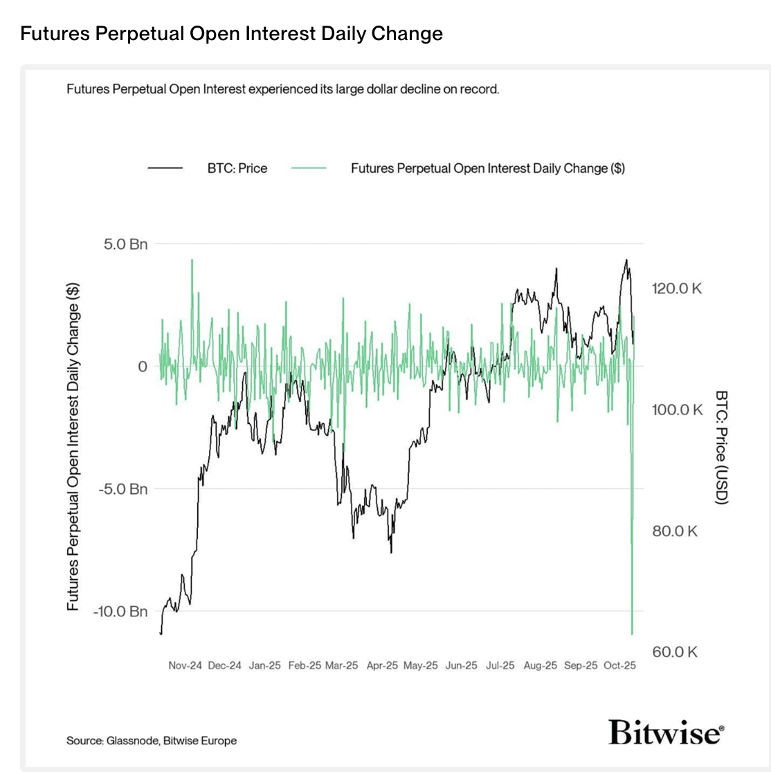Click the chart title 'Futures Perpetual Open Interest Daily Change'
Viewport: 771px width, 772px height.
tap(231, 33)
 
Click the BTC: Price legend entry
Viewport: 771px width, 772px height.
tap(237, 168)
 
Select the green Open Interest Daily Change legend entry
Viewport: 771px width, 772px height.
tap(487, 168)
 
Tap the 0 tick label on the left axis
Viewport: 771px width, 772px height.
tap(143, 367)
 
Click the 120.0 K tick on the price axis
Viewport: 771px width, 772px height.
tap(676, 288)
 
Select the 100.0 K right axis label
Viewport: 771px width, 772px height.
tap(676, 410)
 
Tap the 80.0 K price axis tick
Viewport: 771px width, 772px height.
tap(674, 531)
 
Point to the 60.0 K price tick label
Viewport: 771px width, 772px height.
tap(674, 652)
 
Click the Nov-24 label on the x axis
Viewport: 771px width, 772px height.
tap(185, 665)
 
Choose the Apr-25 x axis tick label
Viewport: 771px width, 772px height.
tap(382, 665)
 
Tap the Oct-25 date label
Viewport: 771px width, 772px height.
tap(619, 665)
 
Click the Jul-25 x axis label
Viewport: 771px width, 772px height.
tap(500, 665)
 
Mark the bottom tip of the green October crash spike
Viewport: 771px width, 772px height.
tap(632, 633)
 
